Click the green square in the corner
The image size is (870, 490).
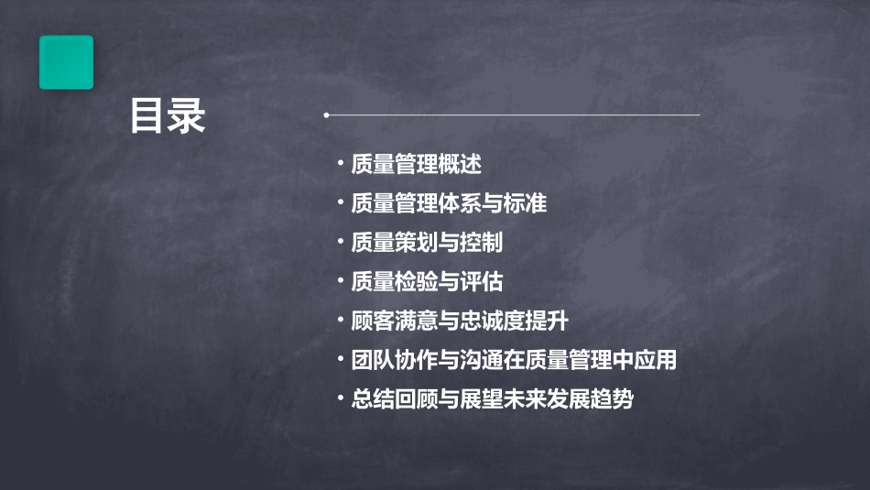pos(66,62)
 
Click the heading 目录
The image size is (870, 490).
pos(167,116)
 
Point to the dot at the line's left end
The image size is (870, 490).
pos(326,115)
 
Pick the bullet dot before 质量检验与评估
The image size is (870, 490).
pos(340,281)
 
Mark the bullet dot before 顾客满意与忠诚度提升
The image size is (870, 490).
pos(340,321)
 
